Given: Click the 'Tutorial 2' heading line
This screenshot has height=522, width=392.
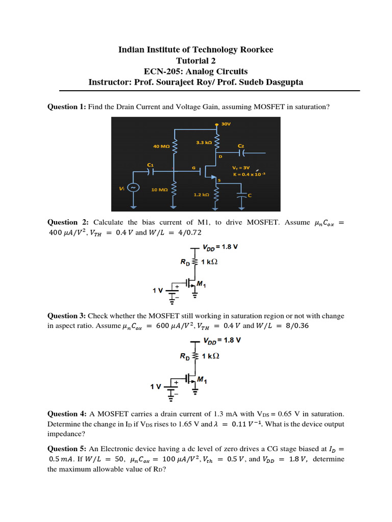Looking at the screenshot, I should (x=195, y=60).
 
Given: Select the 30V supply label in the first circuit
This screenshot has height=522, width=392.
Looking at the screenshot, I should (x=226, y=123).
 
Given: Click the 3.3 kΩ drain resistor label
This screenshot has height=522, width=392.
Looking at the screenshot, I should (x=204, y=143).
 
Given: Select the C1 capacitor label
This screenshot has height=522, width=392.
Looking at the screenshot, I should (x=150, y=165).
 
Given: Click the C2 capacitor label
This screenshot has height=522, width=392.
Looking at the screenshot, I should (x=241, y=145).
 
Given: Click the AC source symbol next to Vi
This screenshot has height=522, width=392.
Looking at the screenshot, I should (x=134, y=188).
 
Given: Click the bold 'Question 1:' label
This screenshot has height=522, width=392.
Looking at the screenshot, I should (x=67, y=107).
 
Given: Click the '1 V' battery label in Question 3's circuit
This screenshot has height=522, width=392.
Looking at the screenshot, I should (x=156, y=387).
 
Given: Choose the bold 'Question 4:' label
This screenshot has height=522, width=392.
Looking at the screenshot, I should (x=67, y=413).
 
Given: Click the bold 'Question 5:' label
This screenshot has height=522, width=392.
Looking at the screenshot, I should (x=67, y=449).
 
